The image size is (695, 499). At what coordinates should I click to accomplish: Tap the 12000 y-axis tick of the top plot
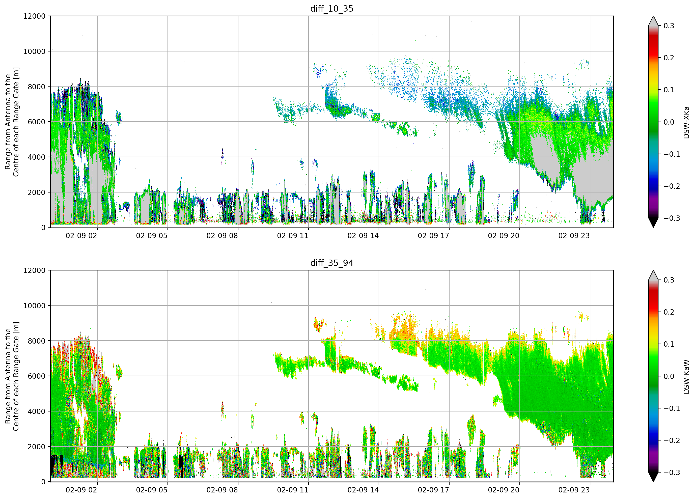tap(34, 16)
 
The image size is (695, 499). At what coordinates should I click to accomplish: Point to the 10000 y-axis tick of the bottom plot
tap(34, 306)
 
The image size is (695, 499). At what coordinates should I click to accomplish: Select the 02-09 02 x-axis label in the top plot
tap(81, 236)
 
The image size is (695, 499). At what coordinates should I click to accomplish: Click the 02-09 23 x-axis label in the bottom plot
tap(574, 490)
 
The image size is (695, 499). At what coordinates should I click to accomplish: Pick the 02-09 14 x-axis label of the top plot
tap(363, 236)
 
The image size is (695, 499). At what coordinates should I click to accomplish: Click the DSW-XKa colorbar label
tap(686, 122)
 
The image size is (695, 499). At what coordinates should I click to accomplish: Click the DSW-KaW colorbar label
tap(686, 377)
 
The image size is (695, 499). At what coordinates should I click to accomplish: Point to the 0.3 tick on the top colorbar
tap(669, 26)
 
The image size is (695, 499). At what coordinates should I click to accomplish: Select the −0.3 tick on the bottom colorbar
tap(672, 472)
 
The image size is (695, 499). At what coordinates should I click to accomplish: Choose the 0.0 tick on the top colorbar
tap(669, 122)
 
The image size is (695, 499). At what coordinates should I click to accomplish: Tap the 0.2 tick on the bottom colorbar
tap(669, 312)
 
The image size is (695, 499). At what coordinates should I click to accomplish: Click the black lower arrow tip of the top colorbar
tap(653, 227)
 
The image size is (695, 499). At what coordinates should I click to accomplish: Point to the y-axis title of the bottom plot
tap(12, 376)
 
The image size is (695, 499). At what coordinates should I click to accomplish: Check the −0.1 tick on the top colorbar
tap(672, 154)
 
